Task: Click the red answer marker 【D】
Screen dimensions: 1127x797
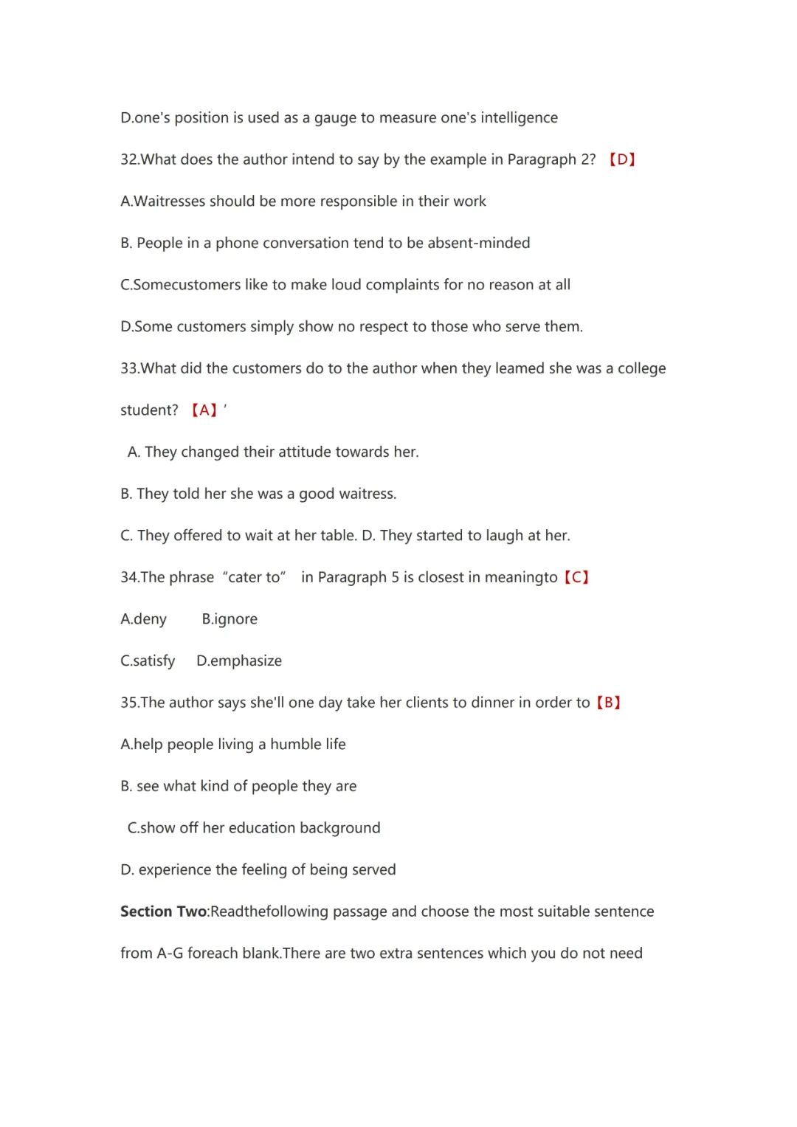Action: click(622, 159)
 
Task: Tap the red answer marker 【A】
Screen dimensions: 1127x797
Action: click(204, 410)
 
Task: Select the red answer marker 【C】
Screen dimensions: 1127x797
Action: click(576, 577)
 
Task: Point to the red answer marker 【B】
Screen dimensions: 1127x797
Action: click(608, 703)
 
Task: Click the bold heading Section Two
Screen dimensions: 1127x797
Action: click(163, 911)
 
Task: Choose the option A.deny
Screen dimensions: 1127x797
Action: click(144, 619)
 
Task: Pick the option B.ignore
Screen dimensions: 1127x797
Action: click(230, 619)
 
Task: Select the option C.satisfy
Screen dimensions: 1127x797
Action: click(148, 661)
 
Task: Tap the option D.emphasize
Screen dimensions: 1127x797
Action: click(239, 661)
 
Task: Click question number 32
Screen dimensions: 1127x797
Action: click(129, 160)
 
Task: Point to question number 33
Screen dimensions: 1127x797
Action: click(129, 368)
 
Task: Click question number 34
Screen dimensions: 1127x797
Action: click(129, 577)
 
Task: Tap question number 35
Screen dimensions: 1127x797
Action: click(129, 703)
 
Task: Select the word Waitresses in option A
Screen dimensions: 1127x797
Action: click(170, 201)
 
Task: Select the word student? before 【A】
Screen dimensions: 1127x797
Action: click(149, 410)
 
